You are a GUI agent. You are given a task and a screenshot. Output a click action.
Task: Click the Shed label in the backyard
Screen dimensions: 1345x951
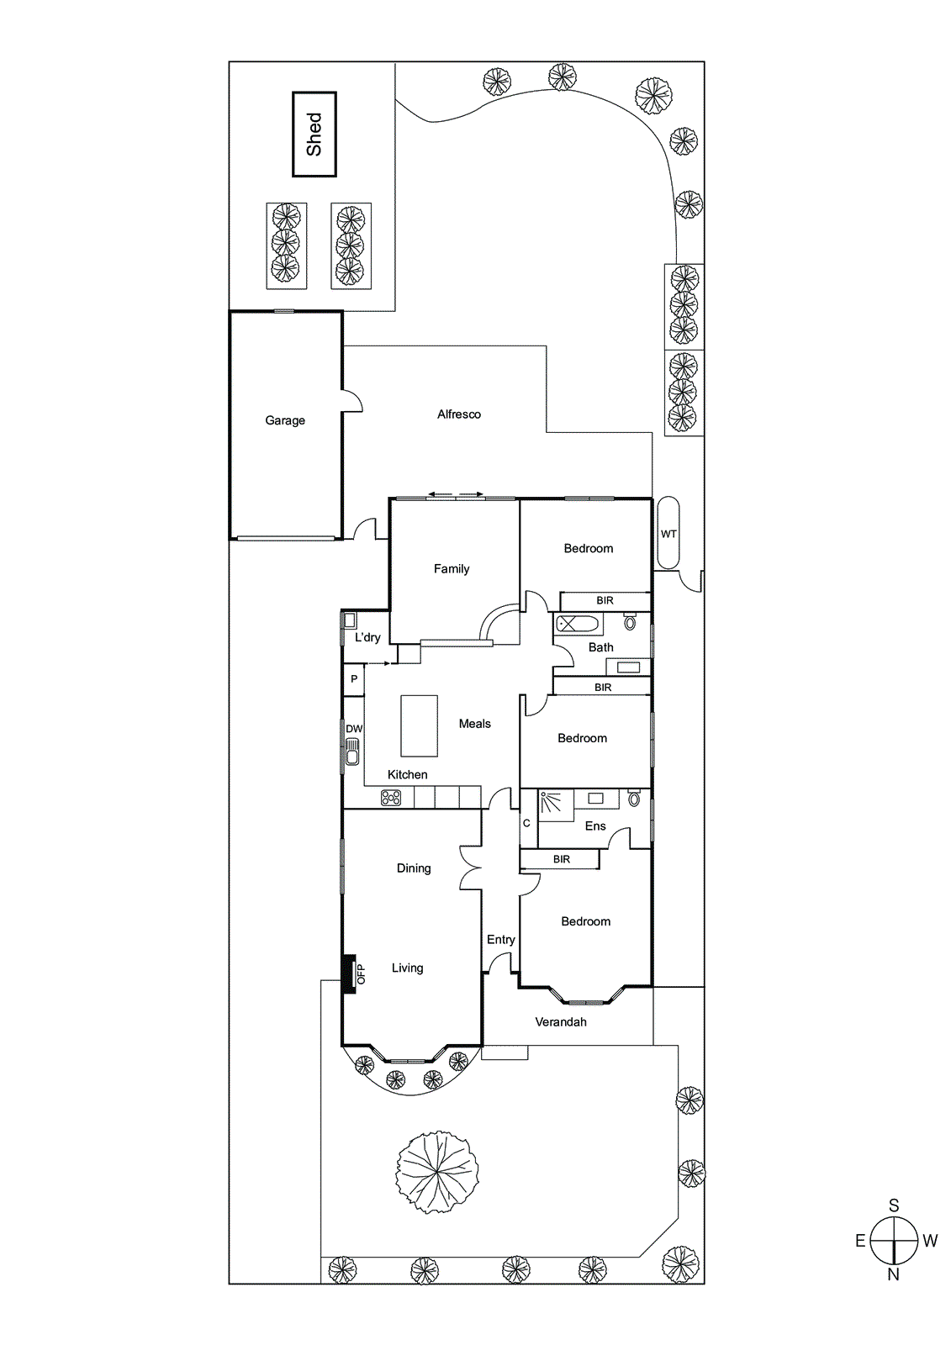[314, 134]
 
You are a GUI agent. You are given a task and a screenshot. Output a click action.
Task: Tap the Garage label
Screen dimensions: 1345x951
[285, 420]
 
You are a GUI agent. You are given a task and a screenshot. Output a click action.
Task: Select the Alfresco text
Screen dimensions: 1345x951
[459, 414]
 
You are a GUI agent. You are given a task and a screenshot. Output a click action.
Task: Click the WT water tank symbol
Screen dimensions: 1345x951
[668, 533]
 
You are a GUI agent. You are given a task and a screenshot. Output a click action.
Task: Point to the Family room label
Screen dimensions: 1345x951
[452, 569]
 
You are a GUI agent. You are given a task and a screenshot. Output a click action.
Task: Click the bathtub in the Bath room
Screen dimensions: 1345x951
[578, 625]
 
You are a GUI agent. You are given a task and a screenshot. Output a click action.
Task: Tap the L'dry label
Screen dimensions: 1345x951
[367, 637]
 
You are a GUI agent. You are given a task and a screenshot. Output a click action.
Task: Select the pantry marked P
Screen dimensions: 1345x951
[354, 679]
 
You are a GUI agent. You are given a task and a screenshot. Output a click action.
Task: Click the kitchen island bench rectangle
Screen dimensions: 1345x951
[419, 725]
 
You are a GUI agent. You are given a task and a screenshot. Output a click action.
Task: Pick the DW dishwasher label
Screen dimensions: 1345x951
[354, 729]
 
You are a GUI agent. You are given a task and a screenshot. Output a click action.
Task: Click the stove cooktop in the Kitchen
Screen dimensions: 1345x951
[392, 798]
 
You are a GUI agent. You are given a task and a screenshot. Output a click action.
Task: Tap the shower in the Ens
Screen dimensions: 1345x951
[555, 804]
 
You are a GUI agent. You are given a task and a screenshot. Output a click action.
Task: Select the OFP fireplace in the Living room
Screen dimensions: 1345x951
[349, 974]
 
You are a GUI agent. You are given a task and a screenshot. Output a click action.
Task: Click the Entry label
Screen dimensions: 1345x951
[501, 940]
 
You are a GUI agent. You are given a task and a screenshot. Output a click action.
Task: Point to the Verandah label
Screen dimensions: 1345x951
[561, 1022]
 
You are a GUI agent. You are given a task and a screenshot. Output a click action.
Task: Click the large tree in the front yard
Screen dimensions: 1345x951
[437, 1171]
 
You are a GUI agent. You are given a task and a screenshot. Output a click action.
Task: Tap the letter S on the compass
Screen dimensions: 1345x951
[894, 1205]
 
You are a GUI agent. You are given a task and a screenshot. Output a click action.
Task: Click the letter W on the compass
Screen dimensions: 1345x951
[930, 1241]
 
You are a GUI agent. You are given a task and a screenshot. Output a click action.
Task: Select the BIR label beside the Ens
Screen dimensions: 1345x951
[562, 859]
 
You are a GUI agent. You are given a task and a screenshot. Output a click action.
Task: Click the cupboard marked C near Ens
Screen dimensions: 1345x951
[527, 823]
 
